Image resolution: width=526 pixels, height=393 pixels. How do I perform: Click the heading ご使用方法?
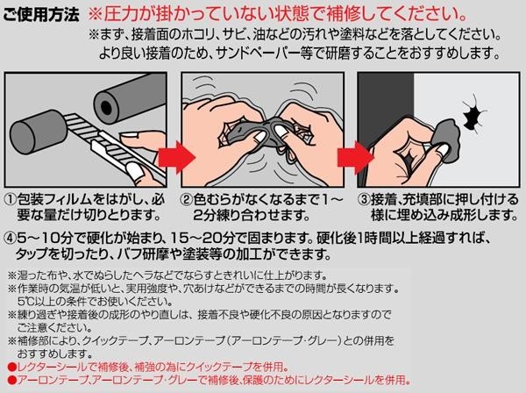tap(41, 15)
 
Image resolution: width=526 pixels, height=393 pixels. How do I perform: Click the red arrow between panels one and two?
tap(176, 158)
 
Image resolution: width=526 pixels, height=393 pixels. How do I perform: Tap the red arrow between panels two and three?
tap(355, 158)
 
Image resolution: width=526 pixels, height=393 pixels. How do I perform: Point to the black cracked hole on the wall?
tap(473, 114)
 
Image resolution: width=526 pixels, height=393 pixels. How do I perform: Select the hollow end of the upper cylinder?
tap(107, 107)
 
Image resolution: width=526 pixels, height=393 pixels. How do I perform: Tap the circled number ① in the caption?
tap(11, 200)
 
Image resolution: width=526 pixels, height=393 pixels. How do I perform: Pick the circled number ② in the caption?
tap(187, 200)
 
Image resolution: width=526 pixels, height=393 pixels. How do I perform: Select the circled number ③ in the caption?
tap(364, 200)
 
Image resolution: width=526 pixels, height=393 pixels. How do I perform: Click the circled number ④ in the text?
tap(11, 239)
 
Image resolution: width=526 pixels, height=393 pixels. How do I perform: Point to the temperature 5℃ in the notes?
tap(24, 301)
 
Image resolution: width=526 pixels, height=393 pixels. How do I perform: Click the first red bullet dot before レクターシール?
tap(12, 367)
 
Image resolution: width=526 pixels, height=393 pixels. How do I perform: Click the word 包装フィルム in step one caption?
tap(54, 200)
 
